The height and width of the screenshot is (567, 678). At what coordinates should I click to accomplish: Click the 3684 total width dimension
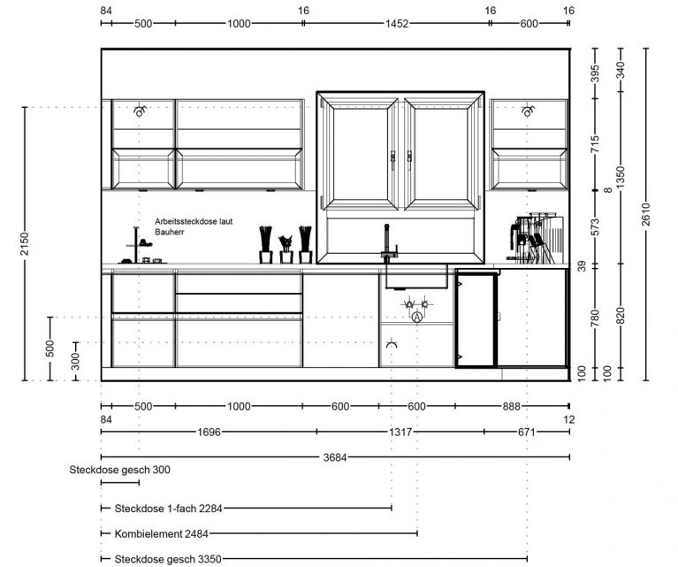[x=335, y=457]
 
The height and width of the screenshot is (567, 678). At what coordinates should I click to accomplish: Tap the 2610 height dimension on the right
[x=646, y=214]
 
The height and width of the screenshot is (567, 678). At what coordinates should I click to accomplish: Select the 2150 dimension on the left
[x=25, y=243]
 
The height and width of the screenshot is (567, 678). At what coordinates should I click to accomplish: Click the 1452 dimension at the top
[x=397, y=23]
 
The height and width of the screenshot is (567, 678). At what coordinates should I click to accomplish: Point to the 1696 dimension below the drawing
[x=209, y=432]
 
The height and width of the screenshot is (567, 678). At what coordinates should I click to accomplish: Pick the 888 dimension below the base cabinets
[x=511, y=406]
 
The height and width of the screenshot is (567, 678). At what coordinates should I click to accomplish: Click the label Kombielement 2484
[x=161, y=533]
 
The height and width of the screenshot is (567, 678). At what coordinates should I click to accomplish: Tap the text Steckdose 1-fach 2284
[x=168, y=508]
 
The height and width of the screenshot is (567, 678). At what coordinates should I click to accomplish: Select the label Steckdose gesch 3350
[x=168, y=559]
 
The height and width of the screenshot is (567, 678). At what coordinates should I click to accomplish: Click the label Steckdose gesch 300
[x=119, y=470]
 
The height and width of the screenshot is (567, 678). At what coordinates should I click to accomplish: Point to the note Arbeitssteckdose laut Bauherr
[x=194, y=226]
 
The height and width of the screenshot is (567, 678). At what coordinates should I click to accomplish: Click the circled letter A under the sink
[x=416, y=318]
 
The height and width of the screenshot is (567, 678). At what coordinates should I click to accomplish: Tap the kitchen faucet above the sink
[x=388, y=243]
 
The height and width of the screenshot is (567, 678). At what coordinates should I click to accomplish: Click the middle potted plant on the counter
[x=286, y=249]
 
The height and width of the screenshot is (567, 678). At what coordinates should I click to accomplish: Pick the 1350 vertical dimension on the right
[x=621, y=178]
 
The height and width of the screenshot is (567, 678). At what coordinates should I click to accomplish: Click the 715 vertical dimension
[x=596, y=144]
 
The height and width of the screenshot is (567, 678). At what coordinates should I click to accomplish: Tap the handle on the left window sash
[x=392, y=160]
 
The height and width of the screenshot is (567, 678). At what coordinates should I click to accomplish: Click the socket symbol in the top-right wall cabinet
[x=528, y=111]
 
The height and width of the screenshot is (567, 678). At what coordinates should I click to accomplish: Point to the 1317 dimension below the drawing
[x=400, y=432]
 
